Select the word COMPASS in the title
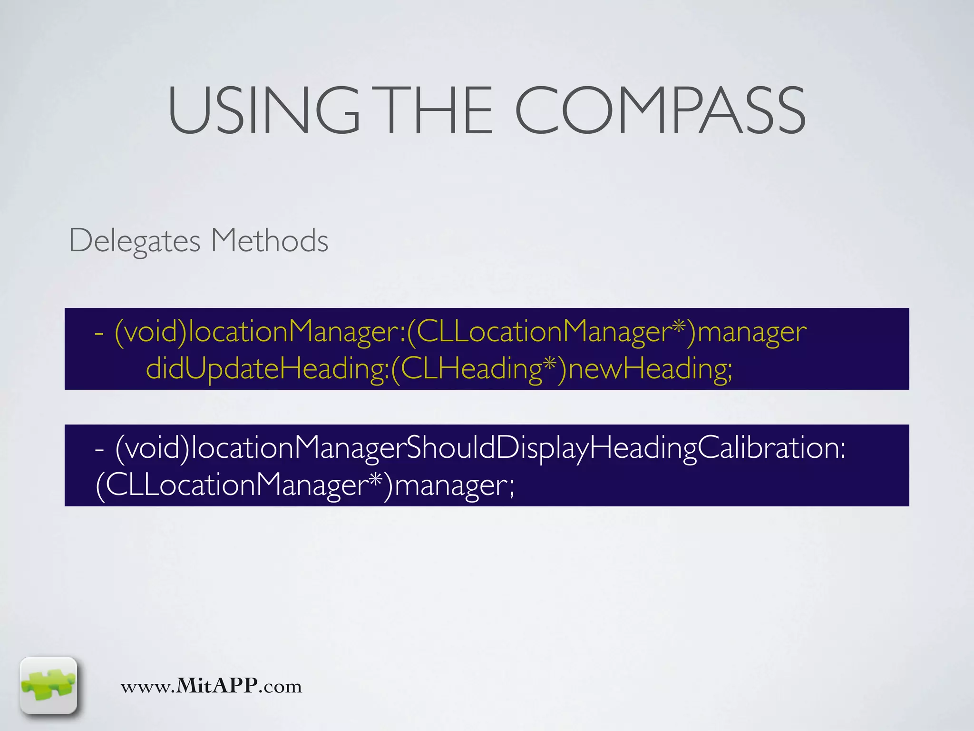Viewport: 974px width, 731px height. pyautogui.click(x=660, y=110)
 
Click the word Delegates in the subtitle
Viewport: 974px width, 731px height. pyautogui.click(x=135, y=241)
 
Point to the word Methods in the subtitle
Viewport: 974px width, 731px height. pyautogui.click(x=269, y=241)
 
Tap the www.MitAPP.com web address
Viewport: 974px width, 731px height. pyautogui.click(x=211, y=686)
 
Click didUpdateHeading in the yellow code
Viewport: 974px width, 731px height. pyautogui.click(x=267, y=369)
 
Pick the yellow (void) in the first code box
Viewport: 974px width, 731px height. pyautogui.click(x=151, y=332)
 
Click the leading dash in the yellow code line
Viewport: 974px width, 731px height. pyautogui.click(x=99, y=333)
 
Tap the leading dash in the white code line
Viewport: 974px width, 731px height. pyautogui.click(x=99, y=449)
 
